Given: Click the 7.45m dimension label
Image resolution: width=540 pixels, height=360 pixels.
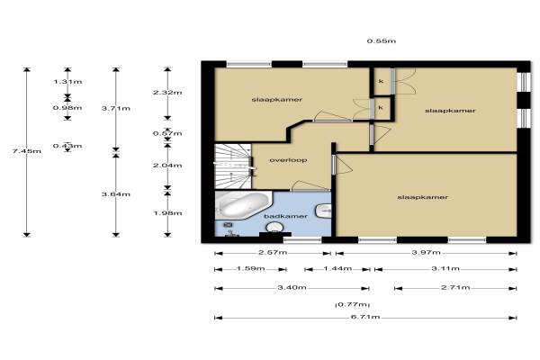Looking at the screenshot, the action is pyautogui.click(x=26, y=151).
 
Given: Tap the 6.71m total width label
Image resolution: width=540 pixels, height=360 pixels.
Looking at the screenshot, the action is pyautogui.click(x=365, y=317).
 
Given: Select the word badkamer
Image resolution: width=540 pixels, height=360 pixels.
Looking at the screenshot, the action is pyautogui.click(x=285, y=216).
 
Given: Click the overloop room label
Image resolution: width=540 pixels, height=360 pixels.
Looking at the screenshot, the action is pyautogui.click(x=288, y=160).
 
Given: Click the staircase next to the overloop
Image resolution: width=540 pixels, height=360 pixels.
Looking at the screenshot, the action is pyautogui.click(x=233, y=166).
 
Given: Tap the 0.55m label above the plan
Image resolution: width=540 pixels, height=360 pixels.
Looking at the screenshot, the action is pyautogui.click(x=382, y=41).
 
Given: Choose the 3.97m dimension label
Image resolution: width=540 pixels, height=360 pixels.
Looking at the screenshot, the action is pyautogui.click(x=426, y=252).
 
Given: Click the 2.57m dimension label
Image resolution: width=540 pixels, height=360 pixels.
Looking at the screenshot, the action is pyautogui.click(x=273, y=252).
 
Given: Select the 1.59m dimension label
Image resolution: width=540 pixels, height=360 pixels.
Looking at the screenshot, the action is pyautogui.click(x=251, y=268).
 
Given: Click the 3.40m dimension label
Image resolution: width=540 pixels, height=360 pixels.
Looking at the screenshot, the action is pyautogui.click(x=292, y=287).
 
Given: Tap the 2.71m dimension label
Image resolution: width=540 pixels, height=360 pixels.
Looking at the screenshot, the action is pyautogui.click(x=455, y=287).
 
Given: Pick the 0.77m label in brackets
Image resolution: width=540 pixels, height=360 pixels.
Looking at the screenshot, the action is pyautogui.click(x=352, y=304).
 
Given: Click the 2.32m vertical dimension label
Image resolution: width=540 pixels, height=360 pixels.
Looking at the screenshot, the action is pyautogui.click(x=167, y=93).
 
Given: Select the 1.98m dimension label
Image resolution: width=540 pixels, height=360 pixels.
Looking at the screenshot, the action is pyautogui.click(x=167, y=213).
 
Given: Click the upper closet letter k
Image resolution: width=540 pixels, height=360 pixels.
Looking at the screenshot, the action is pyautogui.click(x=381, y=81).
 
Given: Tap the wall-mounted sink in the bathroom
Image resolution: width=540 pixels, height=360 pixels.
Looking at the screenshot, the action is pyautogui.click(x=323, y=211).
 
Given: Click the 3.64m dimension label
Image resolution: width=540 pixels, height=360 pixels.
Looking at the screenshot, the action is pyautogui.click(x=116, y=194).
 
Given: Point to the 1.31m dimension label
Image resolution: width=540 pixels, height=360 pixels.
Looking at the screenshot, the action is pyautogui.click(x=67, y=82).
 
